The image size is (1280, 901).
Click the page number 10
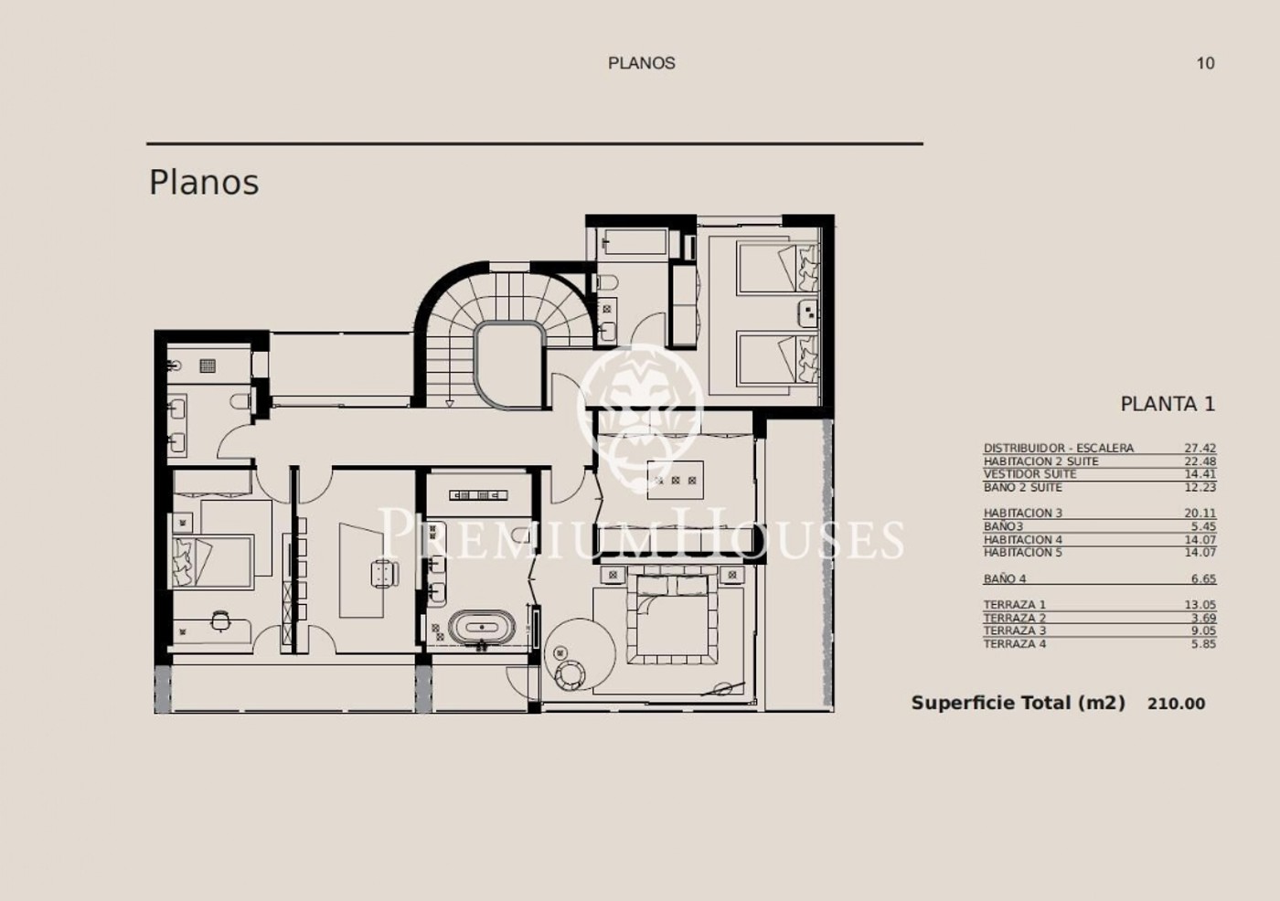click(1206, 63)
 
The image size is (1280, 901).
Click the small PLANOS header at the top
click(641, 63)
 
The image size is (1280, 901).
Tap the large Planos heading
click(204, 183)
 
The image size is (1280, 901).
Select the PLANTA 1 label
click(1168, 404)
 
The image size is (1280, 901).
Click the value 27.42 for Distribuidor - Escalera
click(1200, 449)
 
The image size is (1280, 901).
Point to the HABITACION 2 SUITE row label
click(1041, 461)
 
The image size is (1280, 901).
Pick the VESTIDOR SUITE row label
click(1029, 474)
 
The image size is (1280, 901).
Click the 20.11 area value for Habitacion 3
click(1200, 514)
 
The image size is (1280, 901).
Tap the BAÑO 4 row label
click(1005, 579)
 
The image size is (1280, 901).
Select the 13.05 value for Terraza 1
click(1200, 605)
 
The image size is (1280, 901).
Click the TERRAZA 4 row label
click(1015, 644)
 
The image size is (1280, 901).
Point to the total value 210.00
click(1177, 704)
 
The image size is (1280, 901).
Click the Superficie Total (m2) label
click(1018, 704)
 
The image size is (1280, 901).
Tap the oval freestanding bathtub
click(481, 628)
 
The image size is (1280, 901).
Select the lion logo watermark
click(640, 408)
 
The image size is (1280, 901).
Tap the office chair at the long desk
click(385, 573)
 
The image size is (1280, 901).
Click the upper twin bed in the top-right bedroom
click(778, 267)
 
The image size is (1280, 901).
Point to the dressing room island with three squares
click(675, 480)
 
